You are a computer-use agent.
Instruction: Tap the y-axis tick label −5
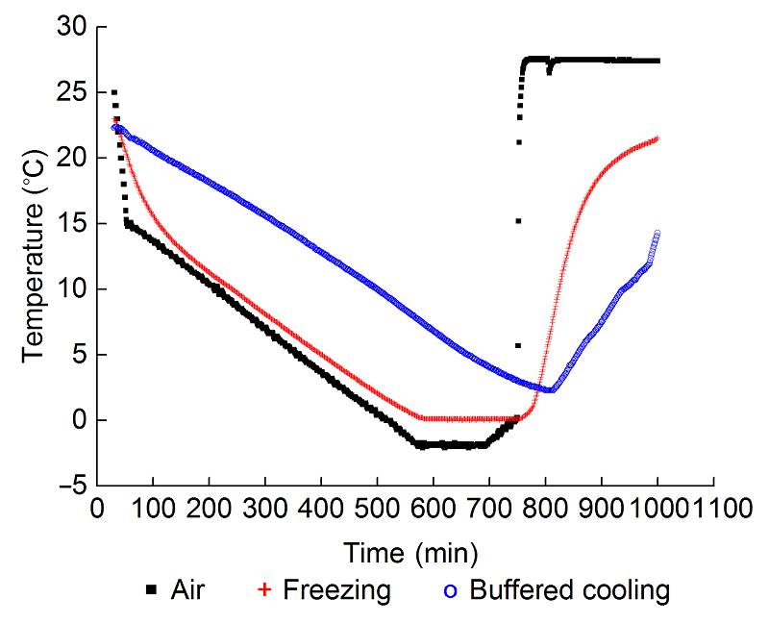point(67,486)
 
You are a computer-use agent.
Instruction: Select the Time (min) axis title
point(411,554)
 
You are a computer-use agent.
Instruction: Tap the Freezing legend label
point(336,588)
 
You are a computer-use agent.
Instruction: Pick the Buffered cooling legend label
point(569,588)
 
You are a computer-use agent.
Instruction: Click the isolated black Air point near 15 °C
point(518,221)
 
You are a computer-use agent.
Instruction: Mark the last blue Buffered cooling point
point(657,233)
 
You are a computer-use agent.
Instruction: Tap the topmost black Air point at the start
point(114,92)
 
